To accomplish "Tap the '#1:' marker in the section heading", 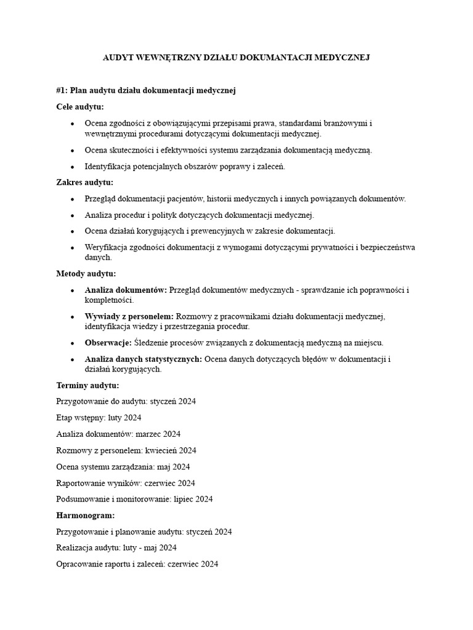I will pos(62,90).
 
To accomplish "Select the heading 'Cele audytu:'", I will pos(80,106).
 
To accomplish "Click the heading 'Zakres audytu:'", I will pos(84,182).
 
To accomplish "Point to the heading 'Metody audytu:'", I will pos(86,274).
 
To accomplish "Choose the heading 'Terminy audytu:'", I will pos(87,386).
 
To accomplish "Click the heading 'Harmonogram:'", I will pos(86,515).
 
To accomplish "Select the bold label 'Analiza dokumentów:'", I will pos(126,290).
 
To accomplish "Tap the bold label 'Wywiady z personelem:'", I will pos(129,316).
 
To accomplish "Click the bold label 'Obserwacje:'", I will pos(108,343).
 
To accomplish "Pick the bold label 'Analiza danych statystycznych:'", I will pos(144,359).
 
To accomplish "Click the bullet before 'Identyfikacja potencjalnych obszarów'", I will pos(72,167).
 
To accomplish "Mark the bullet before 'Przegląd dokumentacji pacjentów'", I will pos(72,199).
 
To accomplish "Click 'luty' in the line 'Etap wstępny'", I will pos(114,418).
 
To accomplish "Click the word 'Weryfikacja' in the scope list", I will pos(106,247).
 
